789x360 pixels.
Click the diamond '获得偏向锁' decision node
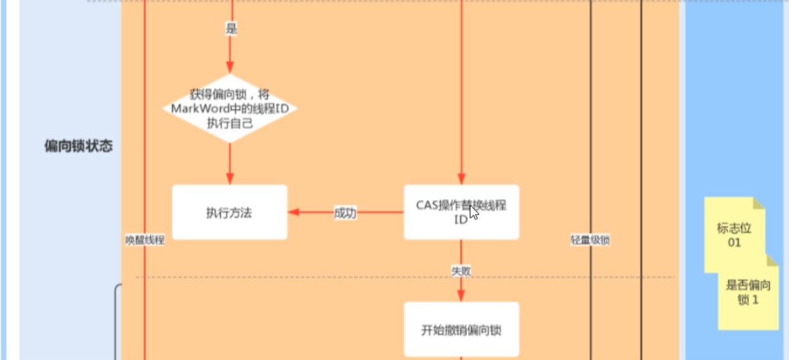click(x=230, y=108)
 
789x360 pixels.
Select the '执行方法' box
click(x=229, y=213)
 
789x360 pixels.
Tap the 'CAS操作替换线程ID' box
click(x=461, y=212)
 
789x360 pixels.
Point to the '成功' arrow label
click(x=345, y=213)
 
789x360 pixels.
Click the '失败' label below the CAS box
click(x=461, y=271)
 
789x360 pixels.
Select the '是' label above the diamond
click(x=231, y=29)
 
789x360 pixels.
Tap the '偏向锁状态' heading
click(x=79, y=146)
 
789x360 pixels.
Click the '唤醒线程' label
click(x=145, y=241)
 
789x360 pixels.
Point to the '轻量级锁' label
click(x=590, y=241)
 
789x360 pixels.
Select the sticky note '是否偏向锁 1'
click(x=748, y=293)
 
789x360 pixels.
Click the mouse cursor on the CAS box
click(x=473, y=212)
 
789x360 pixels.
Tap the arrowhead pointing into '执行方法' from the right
click(x=293, y=212)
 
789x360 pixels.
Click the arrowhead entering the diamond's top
click(x=230, y=69)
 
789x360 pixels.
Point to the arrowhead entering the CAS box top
click(x=461, y=180)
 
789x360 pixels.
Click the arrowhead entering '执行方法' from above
click(x=230, y=180)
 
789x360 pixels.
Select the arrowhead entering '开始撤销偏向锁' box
click(x=461, y=297)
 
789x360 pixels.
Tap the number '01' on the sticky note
click(x=734, y=243)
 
